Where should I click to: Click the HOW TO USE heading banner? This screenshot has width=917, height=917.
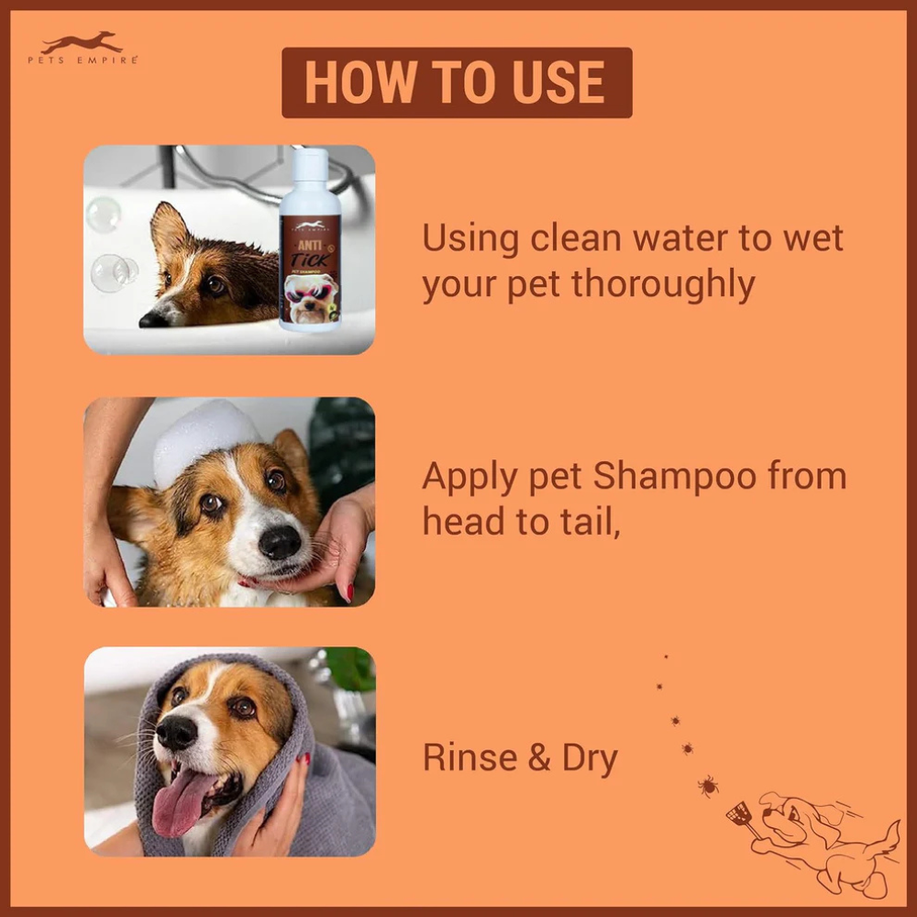(456, 83)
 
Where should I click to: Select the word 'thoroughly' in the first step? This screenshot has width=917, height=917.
(663, 285)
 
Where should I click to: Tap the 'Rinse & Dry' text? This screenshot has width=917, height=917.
(519, 759)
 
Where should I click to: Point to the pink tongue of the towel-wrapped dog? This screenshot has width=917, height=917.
(180, 800)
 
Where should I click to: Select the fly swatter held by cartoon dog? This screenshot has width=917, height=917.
(739, 815)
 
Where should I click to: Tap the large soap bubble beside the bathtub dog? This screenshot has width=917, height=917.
(110, 272)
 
